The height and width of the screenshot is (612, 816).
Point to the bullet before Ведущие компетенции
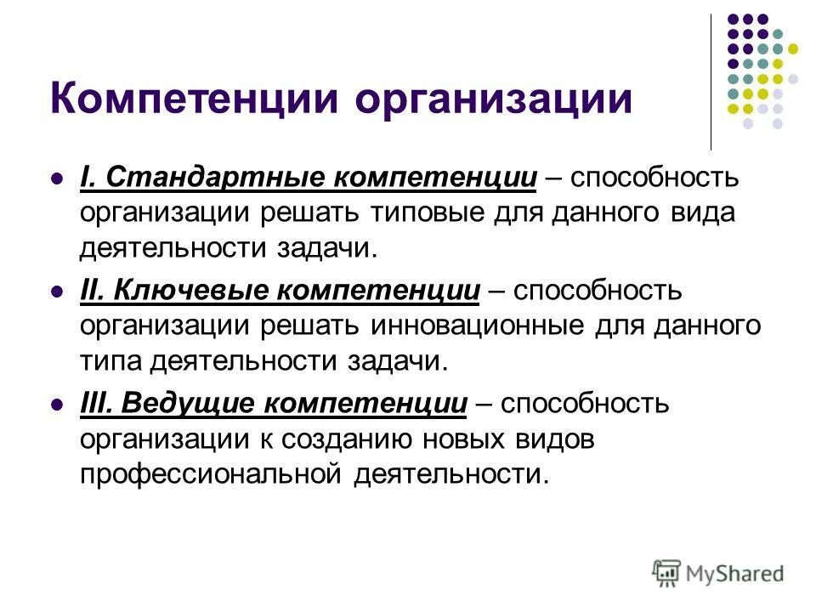[58, 405]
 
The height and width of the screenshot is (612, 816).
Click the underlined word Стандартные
[213, 180]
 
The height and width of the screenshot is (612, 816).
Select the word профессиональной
[210, 473]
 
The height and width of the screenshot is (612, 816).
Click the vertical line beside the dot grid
[711, 82]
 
